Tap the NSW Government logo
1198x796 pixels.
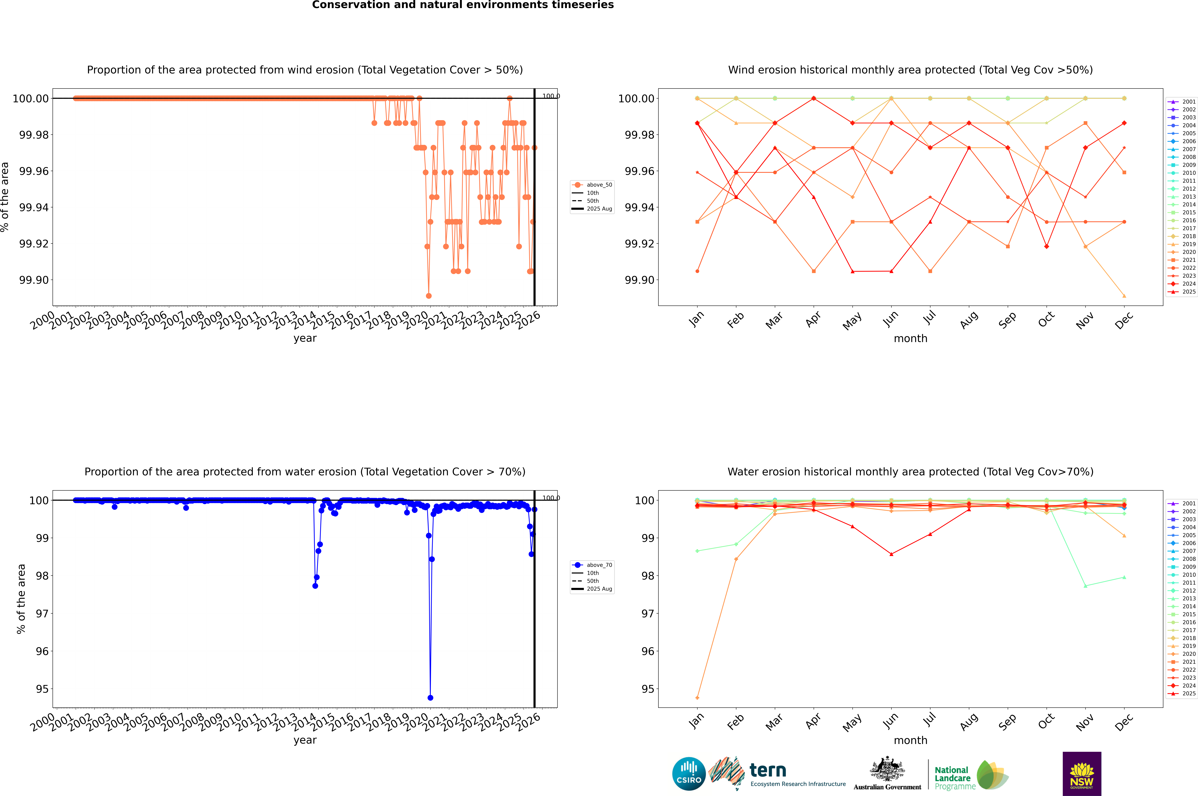(x=1082, y=774)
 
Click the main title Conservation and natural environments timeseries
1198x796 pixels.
(x=463, y=5)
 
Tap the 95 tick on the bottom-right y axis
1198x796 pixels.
(x=648, y=689)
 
